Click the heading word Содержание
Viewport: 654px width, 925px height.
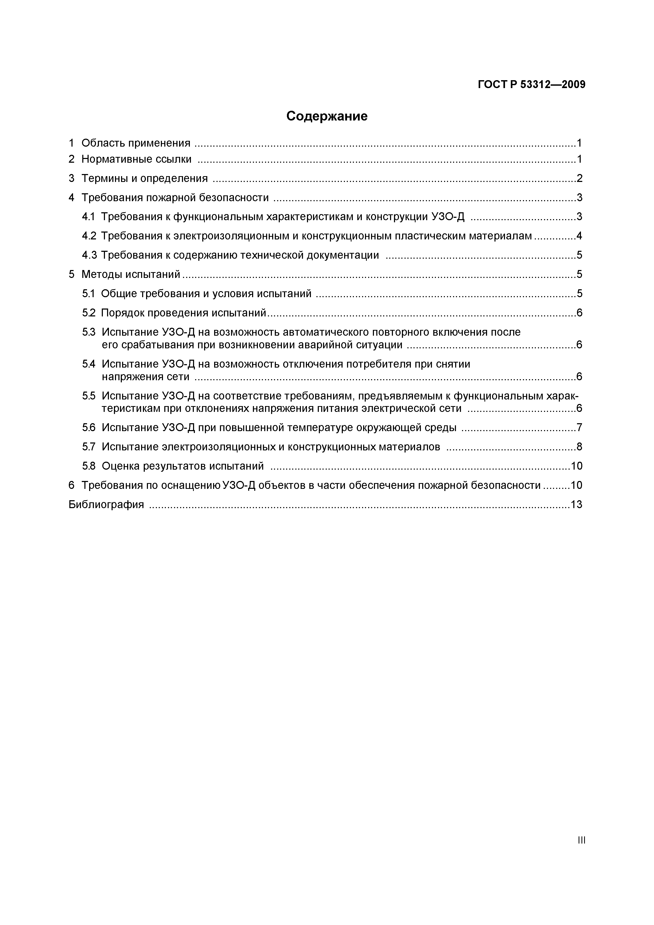coord(327,117)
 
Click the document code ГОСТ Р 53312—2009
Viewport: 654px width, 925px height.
coord(531,85)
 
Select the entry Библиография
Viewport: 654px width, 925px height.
coord(106,504)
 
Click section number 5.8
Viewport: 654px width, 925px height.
coord(89,466)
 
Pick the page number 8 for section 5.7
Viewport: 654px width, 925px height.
coord(579,447)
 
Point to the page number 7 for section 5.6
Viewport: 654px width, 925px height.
coord(579,427)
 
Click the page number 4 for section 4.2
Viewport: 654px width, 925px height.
coord(579,236)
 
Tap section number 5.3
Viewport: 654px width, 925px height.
coord(89,332)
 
